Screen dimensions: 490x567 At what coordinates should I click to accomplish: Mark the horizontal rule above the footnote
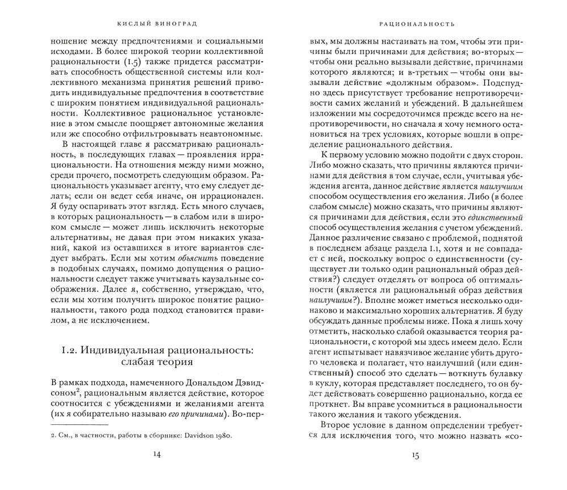coord(79,425)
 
